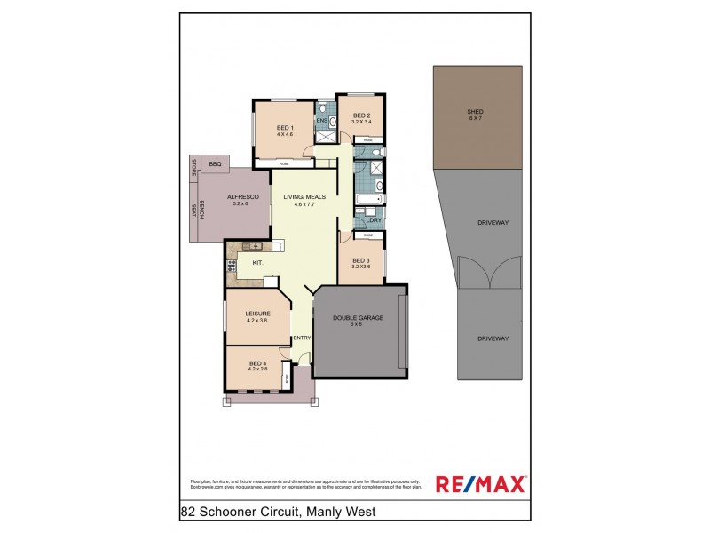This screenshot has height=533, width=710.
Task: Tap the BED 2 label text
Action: (360, 115)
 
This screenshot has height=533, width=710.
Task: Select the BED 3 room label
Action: (360, 260)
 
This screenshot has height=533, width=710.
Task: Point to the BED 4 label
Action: (257, 363)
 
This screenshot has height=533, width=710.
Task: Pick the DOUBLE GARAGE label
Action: (358, 318)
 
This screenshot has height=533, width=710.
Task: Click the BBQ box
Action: (215, 163)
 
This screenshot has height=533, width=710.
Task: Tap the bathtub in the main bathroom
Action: (367, 187)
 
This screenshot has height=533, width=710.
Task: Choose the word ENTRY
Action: (302, 338)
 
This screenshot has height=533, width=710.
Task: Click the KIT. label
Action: (257, 264)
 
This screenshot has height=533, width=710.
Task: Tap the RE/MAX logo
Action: (480, 483)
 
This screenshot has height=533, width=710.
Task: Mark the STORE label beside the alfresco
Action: (192, 168)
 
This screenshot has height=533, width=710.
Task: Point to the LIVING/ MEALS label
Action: (304, 196)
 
